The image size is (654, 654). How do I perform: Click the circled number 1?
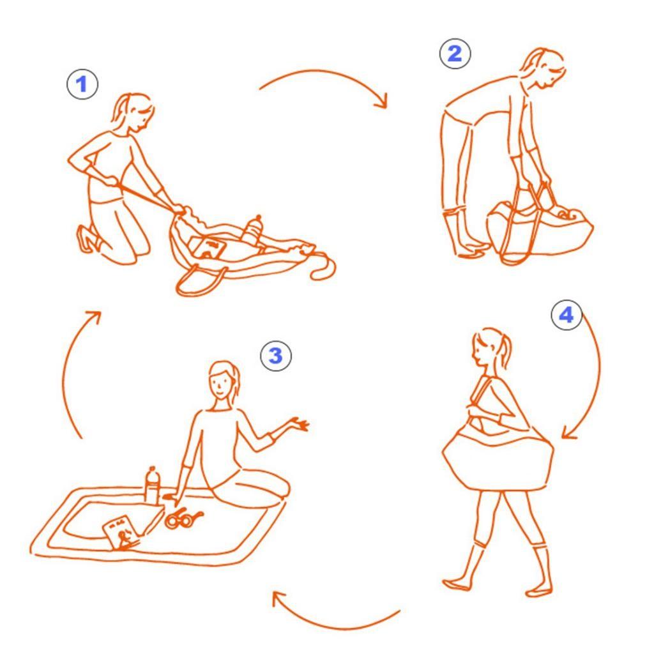pyautogui.click(x=82, y=84)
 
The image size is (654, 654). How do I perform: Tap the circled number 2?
pyautogui.click(x=455, y=54)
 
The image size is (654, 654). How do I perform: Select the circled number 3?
pyautogui.click(x=276, y=356)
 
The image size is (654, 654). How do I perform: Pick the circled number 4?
pyautogui.click(x=567, y=315)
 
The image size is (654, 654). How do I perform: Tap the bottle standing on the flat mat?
pyautogui.click(x=153, y=485)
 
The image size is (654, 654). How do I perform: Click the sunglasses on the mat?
pyautogui.click(x=183, y=518)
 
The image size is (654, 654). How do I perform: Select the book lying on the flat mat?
pyautogui.click(x=122, y=533)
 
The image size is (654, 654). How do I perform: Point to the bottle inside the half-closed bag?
pyautogui.click(x=253, y=230)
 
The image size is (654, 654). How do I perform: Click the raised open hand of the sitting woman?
pyautogui.click(x=298, y=424)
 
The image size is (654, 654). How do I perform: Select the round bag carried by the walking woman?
pyautogui.click(x=498, y=459)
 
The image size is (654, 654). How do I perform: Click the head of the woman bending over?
pyautogui.click(x=544, y=69)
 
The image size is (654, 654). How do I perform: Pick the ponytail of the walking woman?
pyautogui.click(x=506, y=351)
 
